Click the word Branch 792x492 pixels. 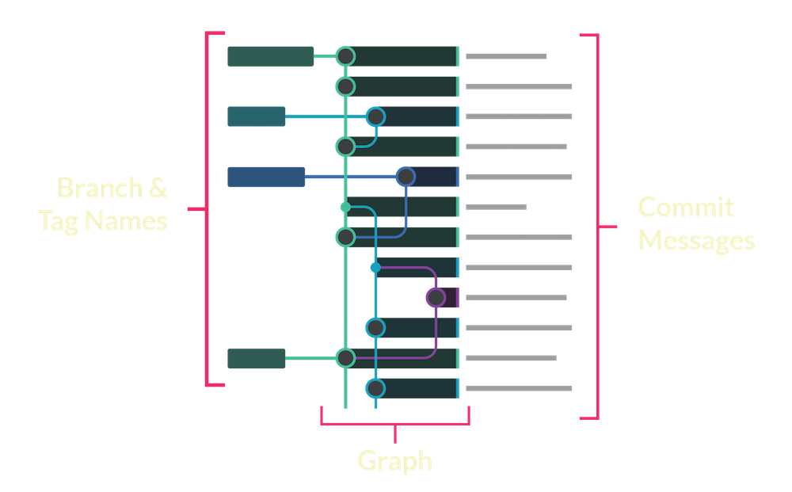pos(100,189)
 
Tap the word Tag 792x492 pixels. pos(59,219)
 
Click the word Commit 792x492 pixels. pos(687,208)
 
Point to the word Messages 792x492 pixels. pos(697,240)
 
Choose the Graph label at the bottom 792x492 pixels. pos(394,461)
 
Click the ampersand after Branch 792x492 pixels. pos(158,189)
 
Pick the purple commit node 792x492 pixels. pos(435,298)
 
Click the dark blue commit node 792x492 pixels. pos(406,176)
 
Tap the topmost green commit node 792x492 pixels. pos(345,56)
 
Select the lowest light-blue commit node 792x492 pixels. pos(375,388)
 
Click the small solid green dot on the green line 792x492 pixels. pos(345,207)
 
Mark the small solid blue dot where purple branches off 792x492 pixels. pos(375,268)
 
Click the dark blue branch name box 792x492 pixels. pos(266,177)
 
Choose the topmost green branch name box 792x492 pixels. pos(270,56)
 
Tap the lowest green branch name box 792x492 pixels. pos(256,358)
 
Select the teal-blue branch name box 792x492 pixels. pos(256,116)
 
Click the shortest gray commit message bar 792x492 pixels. pos(496,208)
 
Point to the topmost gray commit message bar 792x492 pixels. pos(506,56)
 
